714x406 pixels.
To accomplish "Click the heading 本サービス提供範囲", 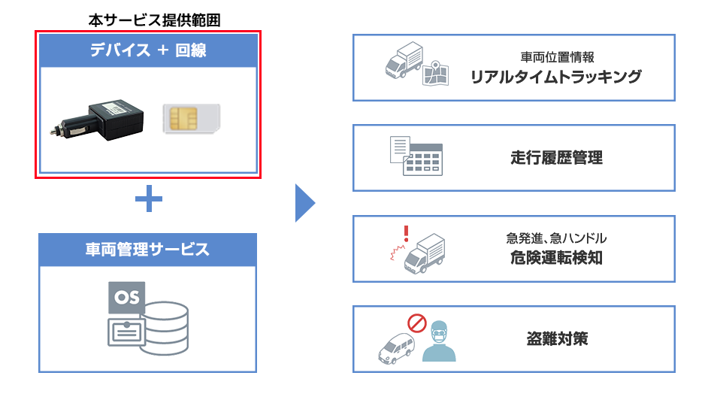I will [x=147, y=20].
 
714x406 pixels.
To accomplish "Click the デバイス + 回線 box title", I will [x=147, y=51].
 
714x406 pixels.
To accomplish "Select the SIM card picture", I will [x=191, y=120].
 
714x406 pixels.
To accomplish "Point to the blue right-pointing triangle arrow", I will [x=304, y=201].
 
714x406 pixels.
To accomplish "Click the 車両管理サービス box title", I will [x=147, y=250].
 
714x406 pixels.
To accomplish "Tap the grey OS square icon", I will [x=126, y=298].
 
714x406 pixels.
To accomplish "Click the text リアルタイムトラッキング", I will [x=556, y=76].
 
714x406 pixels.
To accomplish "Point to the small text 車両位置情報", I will [x=557, y=57].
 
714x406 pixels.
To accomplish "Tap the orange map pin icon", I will [x=431, y=72].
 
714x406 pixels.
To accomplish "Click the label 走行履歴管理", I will [x=556, y=158].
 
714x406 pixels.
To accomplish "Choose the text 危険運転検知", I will [x=556, y=258].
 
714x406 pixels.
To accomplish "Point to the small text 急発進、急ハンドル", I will [x=556, y=238].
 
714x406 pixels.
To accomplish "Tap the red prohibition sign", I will [x=416, y=324].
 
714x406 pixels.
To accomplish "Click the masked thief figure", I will [x=439, y=342].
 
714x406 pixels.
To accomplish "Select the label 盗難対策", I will [x=556, y=338].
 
